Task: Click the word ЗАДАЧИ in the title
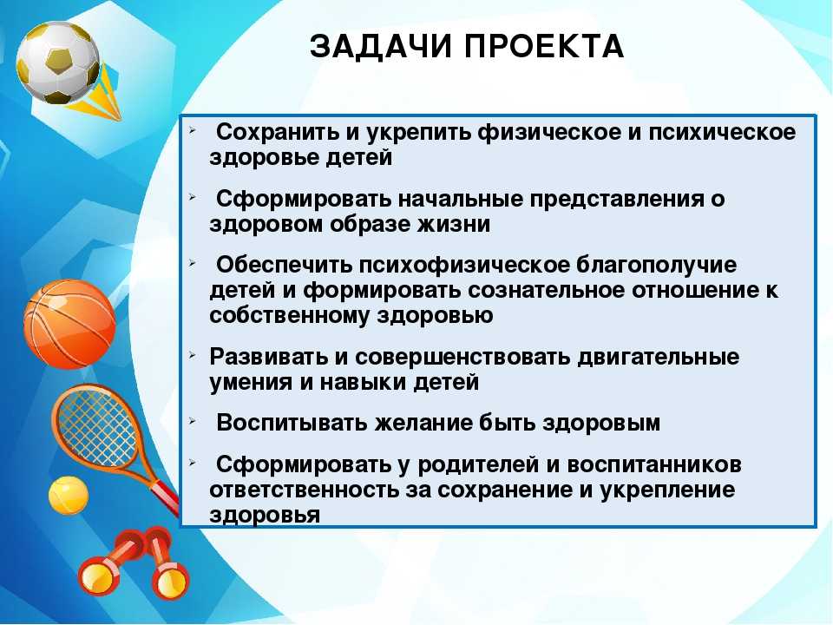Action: click(x=381, y=47)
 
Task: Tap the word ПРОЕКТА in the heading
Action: click(x=545, y=46)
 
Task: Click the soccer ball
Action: click(x=58, y=62)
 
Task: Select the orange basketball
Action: click(x=69, y=324)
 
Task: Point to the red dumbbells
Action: click(x=134, y=562)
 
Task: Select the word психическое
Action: click(x=723, y=133)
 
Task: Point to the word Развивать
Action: click(x=269, y=357)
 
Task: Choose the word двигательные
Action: click(x=659, y=358)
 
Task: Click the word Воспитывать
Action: click(x=292, y=423)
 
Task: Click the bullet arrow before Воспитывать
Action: click(x=193, y=422)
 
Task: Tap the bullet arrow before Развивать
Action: click(x=193, y=355)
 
